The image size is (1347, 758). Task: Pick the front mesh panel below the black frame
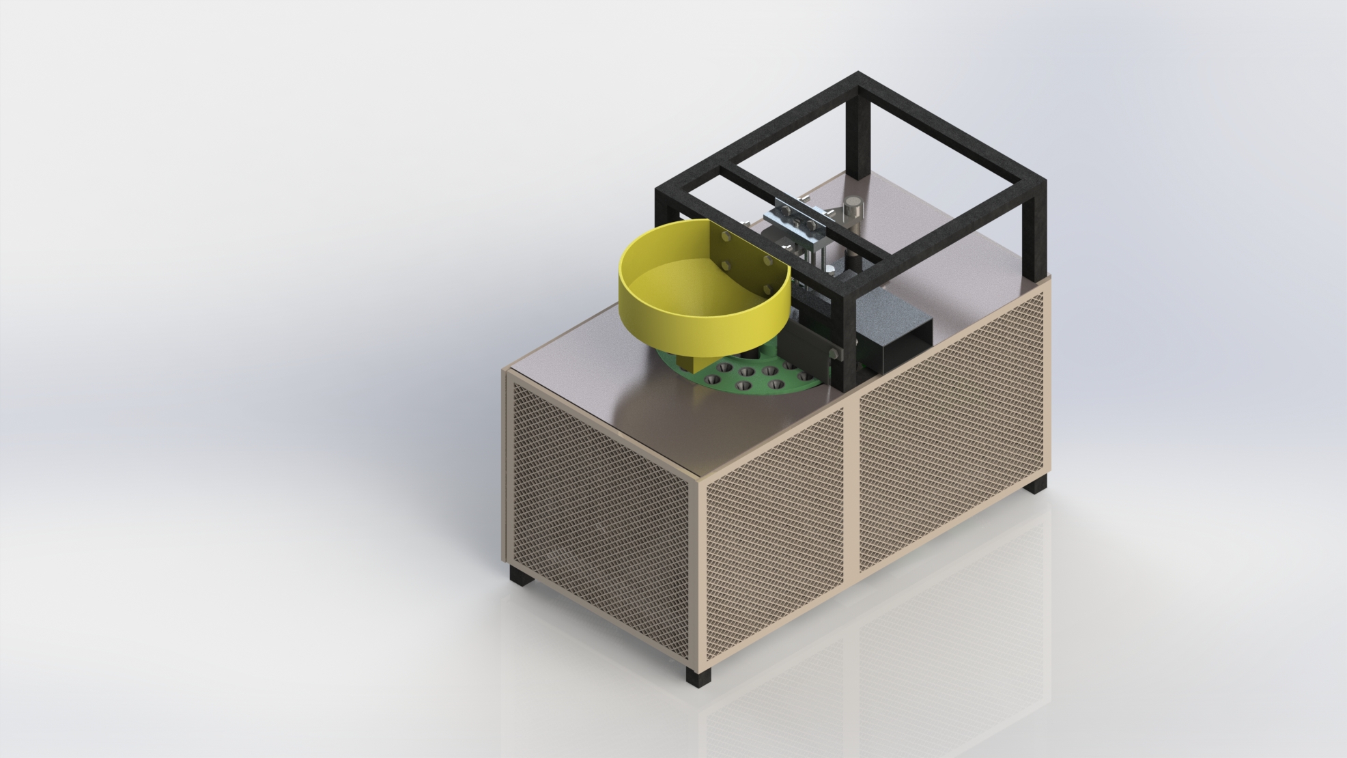pos(949,444)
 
